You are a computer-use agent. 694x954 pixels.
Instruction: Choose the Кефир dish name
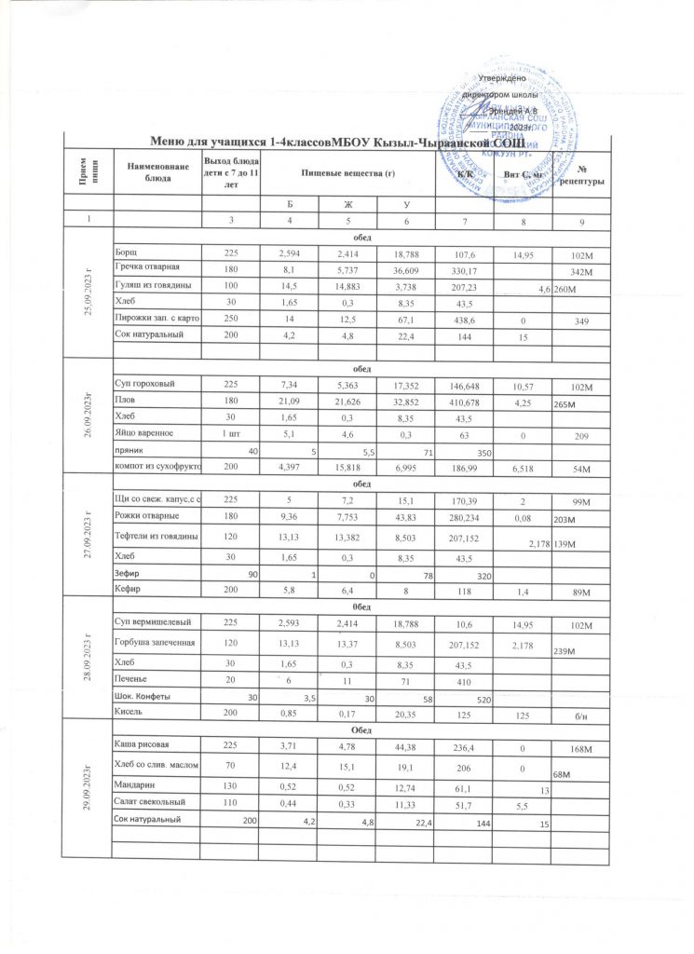[129, 591]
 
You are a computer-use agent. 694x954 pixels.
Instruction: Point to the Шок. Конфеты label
[147, 695]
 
